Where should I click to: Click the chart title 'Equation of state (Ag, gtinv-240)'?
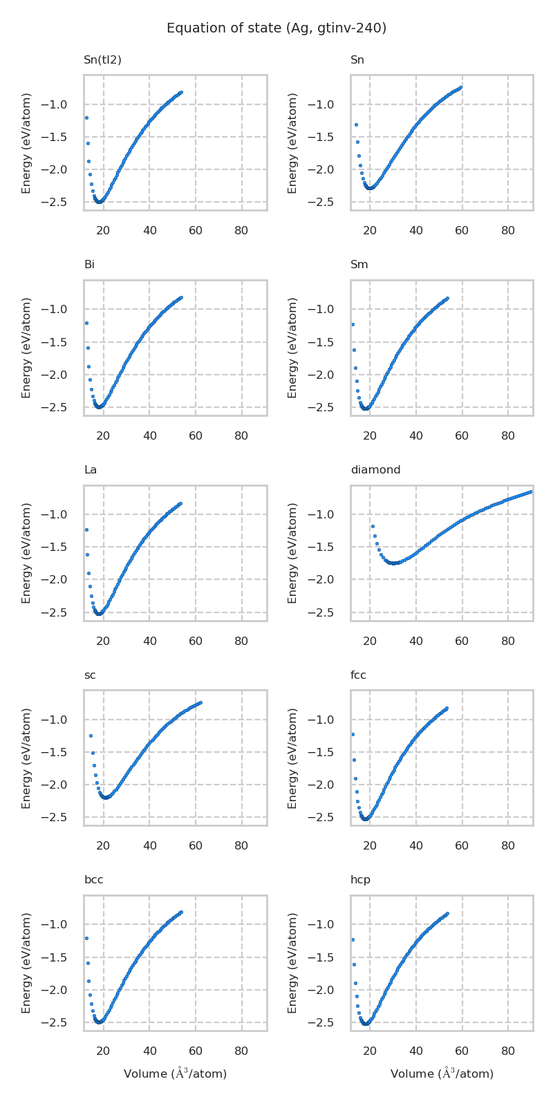[x=276, y=28]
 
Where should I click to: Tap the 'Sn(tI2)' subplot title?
[x=102, y=60]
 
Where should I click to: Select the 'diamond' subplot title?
[x=375, y=470]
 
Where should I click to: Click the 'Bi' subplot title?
[x=89, y=265]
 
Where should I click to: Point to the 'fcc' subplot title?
[x=358, y=675]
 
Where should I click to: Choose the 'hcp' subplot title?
[x=360, y=880]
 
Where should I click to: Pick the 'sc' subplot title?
[x=90, y=675]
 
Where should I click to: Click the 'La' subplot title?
[x=90, y=470]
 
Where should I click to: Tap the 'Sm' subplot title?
[x=359, y=265]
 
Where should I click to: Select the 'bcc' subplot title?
[x=93, y=880]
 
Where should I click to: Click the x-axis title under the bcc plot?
[x=175, y=1074]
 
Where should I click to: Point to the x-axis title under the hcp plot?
[x=442, y=1074]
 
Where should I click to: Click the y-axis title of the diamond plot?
[x=292, y=553]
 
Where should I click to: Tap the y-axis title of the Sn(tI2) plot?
[x=26, y=143]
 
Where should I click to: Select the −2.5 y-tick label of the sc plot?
[x=62, y=817]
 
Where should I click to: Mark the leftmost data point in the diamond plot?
[x=373, y=526]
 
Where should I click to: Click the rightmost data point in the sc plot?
[x=200, y=702]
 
